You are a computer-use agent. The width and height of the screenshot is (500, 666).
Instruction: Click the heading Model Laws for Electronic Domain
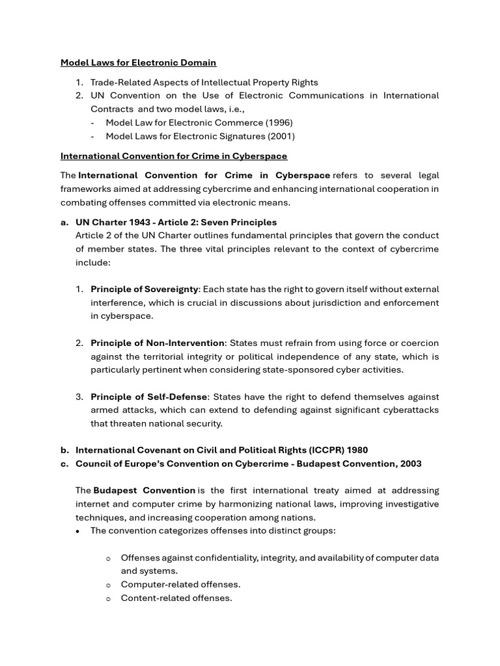138,63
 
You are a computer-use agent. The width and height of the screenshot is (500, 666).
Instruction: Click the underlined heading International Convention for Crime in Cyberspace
174,156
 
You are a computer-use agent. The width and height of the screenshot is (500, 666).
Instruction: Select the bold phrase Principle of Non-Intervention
158,343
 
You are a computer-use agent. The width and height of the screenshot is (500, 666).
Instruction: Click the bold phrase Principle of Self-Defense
149,397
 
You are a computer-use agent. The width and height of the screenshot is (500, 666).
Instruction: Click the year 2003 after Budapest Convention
409,464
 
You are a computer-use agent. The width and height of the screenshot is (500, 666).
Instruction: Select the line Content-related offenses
176,598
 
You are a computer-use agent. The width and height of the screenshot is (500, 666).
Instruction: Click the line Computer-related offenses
180,584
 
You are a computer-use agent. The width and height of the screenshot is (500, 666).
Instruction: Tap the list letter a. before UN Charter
65,222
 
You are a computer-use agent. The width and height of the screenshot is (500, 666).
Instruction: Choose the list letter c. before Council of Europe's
65,464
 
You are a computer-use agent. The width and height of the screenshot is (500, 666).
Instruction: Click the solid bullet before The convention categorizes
79,531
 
